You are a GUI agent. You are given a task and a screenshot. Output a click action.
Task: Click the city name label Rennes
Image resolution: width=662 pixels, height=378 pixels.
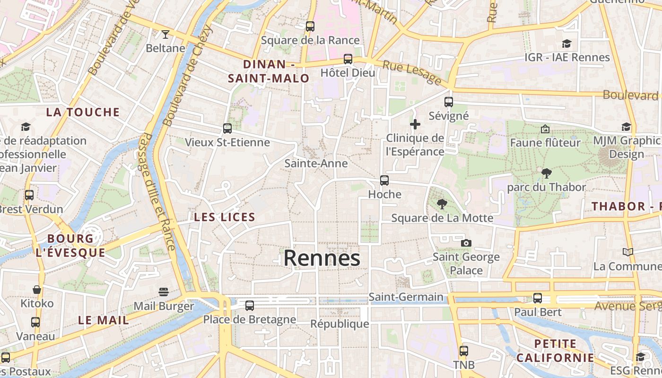[x=322, y=258]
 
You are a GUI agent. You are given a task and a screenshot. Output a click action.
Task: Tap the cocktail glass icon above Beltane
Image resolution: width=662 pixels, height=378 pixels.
[x=165, y=34]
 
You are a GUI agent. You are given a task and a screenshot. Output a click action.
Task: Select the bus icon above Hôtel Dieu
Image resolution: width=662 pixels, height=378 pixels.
[x=348, y=59]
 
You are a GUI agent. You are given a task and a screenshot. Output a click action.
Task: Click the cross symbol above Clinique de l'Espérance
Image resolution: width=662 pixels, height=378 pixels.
[x=415, y=124]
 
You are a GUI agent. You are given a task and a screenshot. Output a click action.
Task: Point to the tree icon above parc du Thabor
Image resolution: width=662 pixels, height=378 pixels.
[x=547, y=173]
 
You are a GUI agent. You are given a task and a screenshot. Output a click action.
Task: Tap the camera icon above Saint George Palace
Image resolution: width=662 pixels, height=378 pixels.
[x=466, y=243]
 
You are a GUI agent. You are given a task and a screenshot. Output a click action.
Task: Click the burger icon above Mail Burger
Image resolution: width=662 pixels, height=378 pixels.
[x=164, y=292]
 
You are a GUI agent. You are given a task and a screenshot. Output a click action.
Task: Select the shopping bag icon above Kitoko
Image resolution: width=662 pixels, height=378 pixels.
[x=37, y=289]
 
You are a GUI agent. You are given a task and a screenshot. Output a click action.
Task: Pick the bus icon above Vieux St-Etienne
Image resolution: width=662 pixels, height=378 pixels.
[x=227, y=129]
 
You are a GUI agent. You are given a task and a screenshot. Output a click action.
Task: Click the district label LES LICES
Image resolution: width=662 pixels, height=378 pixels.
[x=225, y=217]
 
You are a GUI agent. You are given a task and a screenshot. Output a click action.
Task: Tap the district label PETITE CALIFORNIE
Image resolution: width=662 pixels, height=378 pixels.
[x=555, y=351]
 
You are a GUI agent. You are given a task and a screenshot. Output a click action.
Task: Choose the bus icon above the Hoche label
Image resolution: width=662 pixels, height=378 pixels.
[x=384, y=180]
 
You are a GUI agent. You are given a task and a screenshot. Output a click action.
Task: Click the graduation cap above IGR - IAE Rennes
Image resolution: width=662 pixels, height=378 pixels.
[x=567, y=44]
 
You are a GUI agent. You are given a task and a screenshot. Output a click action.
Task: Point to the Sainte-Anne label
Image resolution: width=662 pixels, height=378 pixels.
[x=316, y=163]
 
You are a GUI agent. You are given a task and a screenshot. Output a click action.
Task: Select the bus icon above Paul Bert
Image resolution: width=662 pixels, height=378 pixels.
[x=538, y=298]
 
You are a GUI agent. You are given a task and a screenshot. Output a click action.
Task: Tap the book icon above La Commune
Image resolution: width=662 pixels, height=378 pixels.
[x=627, y=252]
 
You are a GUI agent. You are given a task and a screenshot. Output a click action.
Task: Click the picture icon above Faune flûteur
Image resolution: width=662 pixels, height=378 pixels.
[x=545, y=129]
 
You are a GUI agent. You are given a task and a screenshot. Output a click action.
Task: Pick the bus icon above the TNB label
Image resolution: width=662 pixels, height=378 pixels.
[x=464, y=351]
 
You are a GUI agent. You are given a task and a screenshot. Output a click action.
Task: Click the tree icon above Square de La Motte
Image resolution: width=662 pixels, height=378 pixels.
[x=442, y=204]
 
